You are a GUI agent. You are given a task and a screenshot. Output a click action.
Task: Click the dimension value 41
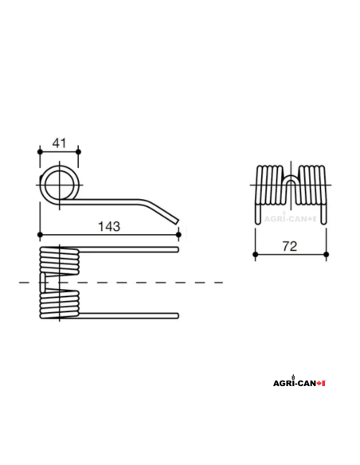(59, 143)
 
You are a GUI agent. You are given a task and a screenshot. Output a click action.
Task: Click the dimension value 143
(109, 226)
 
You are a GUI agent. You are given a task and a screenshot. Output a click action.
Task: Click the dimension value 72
(289, 248)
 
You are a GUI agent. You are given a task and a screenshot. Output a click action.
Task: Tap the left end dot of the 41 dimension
(40, 150)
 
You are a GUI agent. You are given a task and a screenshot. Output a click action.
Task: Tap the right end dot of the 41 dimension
(78, 150)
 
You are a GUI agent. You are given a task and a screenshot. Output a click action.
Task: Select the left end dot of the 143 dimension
(40, 234)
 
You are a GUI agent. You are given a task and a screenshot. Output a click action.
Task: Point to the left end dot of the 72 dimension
(255, 255)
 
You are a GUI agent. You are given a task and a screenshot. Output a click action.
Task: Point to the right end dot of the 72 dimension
(324, 255)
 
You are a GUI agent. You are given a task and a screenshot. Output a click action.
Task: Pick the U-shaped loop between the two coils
(289, 188)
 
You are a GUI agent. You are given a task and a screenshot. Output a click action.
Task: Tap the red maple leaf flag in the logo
(322, 383)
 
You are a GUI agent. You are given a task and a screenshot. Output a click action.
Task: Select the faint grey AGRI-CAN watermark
(288, 215)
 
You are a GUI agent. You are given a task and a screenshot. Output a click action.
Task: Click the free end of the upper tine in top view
(176, 252)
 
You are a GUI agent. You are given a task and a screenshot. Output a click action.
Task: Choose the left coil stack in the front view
(268, 185)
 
